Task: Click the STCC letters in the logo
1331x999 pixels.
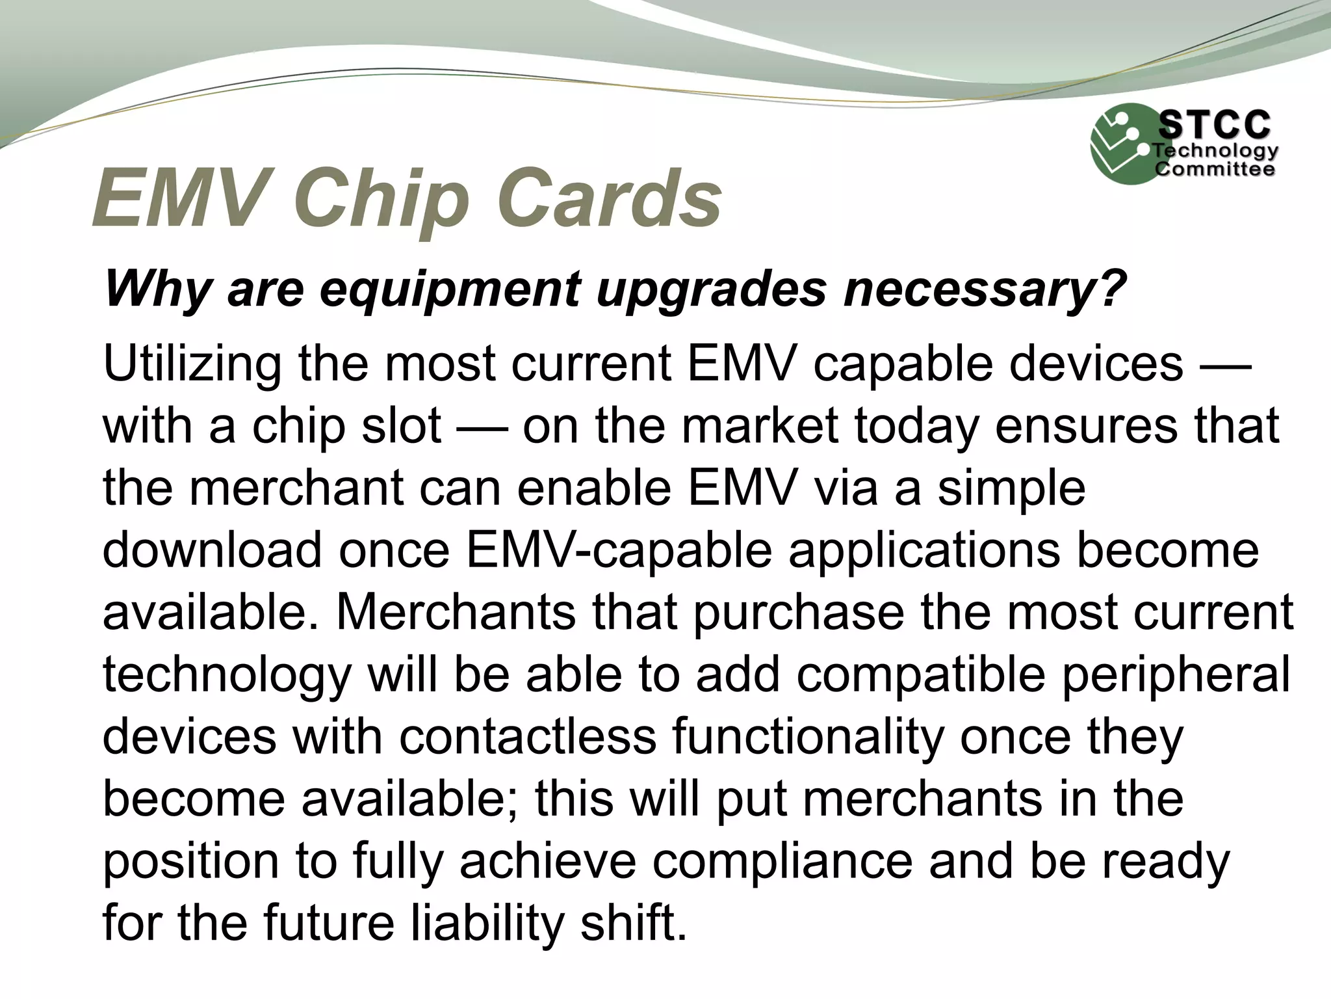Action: click(1214, 125)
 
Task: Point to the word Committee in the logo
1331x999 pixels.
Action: click(1214, 170)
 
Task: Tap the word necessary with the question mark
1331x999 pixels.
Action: click(983, 289)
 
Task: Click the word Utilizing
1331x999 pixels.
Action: click(192, 364)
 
